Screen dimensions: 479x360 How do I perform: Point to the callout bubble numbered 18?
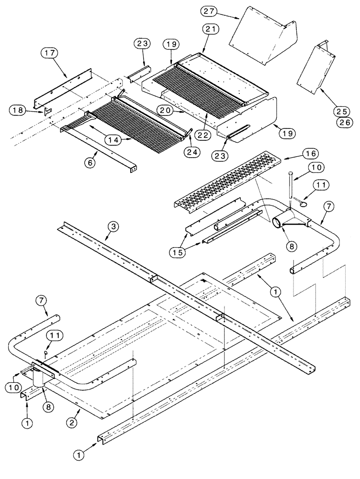tap(18, 110)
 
